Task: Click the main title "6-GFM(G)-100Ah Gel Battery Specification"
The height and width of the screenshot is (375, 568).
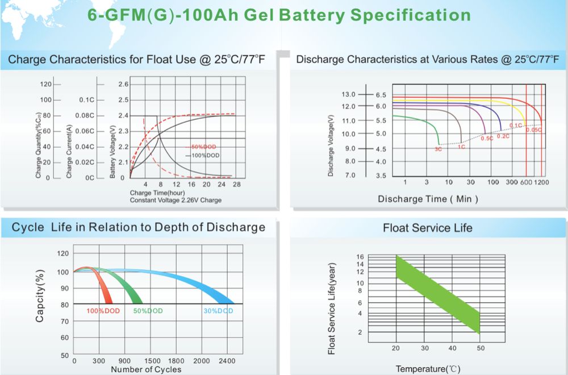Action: click(279, 15)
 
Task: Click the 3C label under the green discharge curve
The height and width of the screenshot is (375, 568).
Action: click(437, 149)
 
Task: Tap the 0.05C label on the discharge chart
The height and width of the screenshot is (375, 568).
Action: click(533, 130)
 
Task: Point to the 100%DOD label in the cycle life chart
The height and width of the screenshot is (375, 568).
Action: click(103, 311)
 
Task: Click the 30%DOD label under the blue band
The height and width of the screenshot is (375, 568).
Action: click(218, 311)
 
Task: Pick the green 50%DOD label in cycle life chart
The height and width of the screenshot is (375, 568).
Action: click(148, 311)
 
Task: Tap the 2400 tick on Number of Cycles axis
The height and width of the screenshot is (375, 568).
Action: click(227, 361)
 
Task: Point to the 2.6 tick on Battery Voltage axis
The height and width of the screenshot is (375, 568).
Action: click(123, 84)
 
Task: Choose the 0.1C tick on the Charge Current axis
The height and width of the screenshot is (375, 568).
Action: click(86, 100)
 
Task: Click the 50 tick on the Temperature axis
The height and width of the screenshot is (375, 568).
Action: click(481, 348)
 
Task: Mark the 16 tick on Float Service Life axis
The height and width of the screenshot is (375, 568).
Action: click(360, 257)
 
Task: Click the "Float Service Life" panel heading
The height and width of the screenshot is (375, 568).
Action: click(427, 228)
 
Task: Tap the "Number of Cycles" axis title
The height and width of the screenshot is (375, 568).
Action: click(146, 370)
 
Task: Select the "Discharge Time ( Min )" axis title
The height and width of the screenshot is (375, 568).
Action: click(428, 199)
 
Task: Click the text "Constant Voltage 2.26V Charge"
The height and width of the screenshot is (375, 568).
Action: click(176, 200)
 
